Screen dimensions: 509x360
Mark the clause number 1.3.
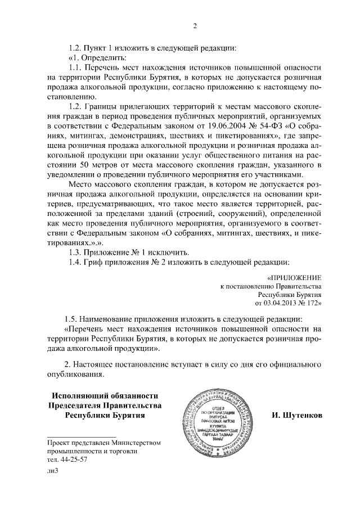(74, 251)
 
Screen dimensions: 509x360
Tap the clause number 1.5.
(74, 319)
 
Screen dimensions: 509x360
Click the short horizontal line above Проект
(82, 436)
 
